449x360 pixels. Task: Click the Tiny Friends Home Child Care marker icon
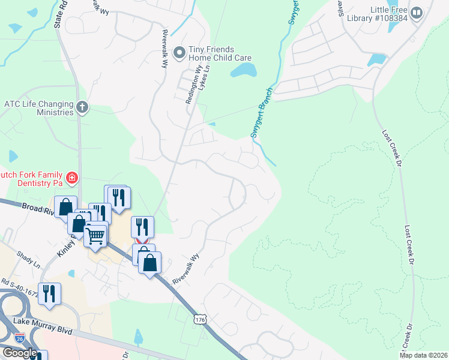click(x=179, y=53)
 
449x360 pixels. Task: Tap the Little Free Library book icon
click(x=416, y=12)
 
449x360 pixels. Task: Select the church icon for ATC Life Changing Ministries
click(x=83, y=108)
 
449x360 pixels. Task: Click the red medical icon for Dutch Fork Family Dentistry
click(x=71, y=178)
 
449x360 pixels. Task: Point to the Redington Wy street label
click(x=191, y=89)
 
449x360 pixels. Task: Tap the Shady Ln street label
click(x=28, y=259)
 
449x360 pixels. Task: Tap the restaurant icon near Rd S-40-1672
click(x=49, y=293)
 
